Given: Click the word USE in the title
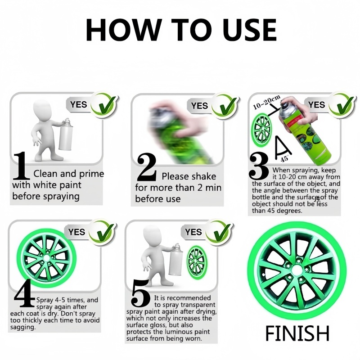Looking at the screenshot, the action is coord(249,30).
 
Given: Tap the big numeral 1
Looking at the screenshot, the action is coord(21,165).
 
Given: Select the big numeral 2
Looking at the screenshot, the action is coord(147,167).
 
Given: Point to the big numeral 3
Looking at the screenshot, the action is coord(259,166).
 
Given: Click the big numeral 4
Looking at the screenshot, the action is coord(25,293).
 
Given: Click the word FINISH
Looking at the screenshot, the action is coord(297,333).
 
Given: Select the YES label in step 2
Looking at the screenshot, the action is coord(199,106).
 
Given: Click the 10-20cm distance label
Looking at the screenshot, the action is coord(266,103).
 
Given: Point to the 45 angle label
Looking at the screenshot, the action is coord(285,158).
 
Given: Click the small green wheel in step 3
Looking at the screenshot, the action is coord(262,129).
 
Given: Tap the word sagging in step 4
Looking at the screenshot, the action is coord(23,328).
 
